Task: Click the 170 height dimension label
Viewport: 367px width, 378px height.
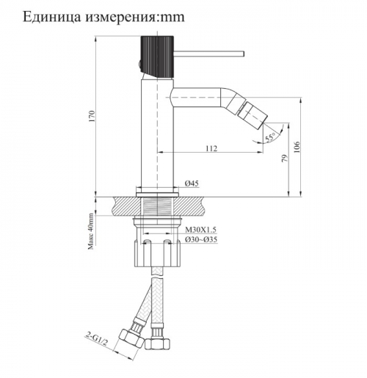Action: coord(92,117)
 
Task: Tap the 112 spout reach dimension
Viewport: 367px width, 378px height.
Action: coord(211,148)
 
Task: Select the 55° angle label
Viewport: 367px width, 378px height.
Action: coord(270,137)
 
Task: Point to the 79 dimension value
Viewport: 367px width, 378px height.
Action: coord(285,159)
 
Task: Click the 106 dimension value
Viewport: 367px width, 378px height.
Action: coord(297,147)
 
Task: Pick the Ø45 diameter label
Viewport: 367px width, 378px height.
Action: coord(192,183)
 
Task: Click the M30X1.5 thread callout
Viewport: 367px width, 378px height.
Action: coord(200,230)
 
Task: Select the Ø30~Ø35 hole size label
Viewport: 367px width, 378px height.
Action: coord(201,239)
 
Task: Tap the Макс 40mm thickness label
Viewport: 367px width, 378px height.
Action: coord(91,231)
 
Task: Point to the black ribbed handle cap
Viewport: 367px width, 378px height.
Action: coord(157,57)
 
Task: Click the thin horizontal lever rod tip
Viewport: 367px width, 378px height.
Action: coord(243,54)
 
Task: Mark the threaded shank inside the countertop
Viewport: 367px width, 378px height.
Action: coord(157,206)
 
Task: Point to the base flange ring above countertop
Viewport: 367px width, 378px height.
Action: coord(157,195)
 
